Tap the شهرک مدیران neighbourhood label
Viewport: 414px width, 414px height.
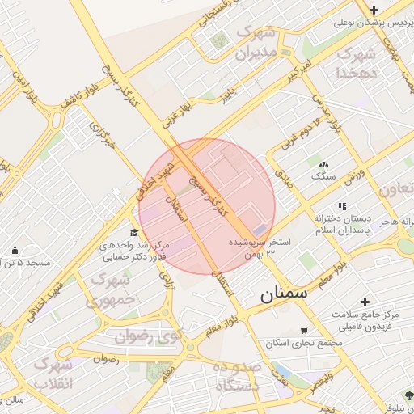(256, 44)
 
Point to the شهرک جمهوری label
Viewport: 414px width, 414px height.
(118, 289)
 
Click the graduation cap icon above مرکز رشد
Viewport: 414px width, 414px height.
(134, 234)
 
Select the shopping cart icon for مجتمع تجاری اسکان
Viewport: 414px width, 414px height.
(303, 330)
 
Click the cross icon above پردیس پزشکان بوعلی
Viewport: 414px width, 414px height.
(374, 10)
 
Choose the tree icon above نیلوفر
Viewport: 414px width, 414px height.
(408, 396)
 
